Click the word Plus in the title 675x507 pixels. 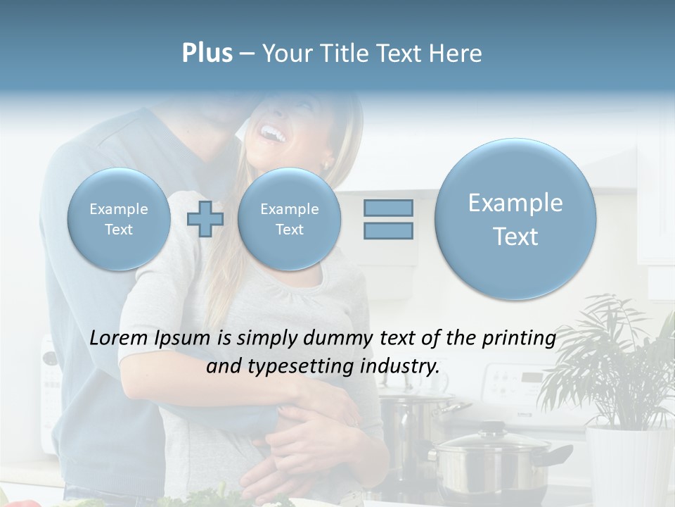point(207,54)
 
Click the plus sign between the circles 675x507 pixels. point(205,219)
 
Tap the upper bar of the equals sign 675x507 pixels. point(387,208)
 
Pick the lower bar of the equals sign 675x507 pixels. point(387,230)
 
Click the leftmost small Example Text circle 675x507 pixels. point(119,219)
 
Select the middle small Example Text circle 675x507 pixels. point(289,219)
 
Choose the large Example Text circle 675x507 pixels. point(515,219)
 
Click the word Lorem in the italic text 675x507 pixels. point(120,338)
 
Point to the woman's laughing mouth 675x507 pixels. point(271,131)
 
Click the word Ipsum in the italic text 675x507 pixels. point(181,338)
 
